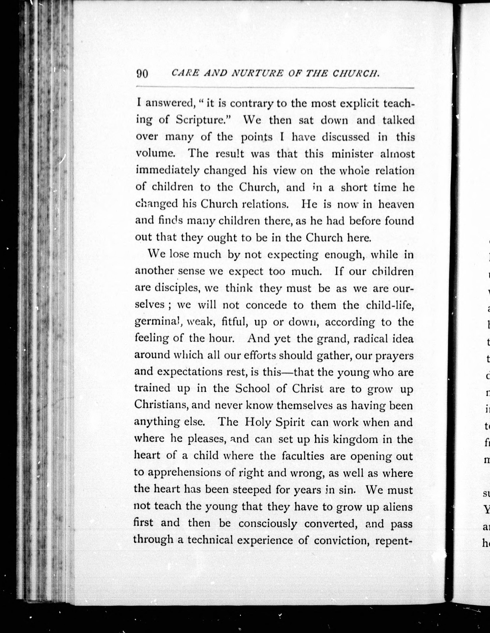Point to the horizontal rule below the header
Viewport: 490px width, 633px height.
[275, 87]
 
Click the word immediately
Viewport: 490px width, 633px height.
[167, 171]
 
